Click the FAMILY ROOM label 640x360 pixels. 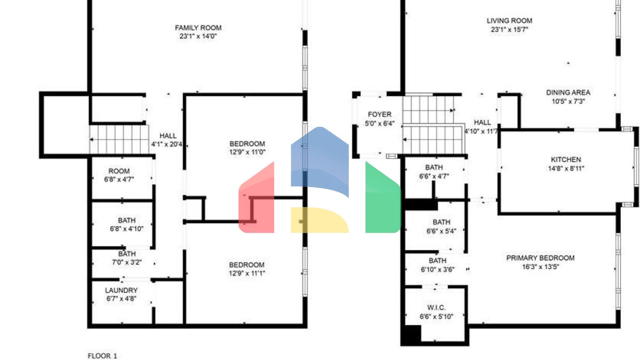tap(198, 28)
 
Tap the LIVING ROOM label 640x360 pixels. tap(509, 20)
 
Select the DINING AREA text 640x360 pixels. tap(568, 92)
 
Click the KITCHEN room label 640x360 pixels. tap(565, 160)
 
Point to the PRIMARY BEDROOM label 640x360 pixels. tap(540, 258)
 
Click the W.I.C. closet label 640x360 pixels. tap(436, 307)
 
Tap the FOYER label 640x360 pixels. tap(379, 114)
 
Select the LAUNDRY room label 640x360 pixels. tap(121, 290)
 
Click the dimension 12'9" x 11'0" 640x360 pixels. tap(247, 152)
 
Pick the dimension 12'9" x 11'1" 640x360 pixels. tap(247, 273)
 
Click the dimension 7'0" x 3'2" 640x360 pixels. tap(127, 262)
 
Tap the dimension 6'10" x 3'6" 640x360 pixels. tap(437, 270)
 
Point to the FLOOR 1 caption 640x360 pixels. tap(102, 355)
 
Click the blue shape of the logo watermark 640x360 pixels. tap(320, 158)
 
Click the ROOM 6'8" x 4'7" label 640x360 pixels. tap(119, 175)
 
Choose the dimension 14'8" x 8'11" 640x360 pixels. tap(566, 168)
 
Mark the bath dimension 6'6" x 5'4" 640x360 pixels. tap(441, 231)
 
